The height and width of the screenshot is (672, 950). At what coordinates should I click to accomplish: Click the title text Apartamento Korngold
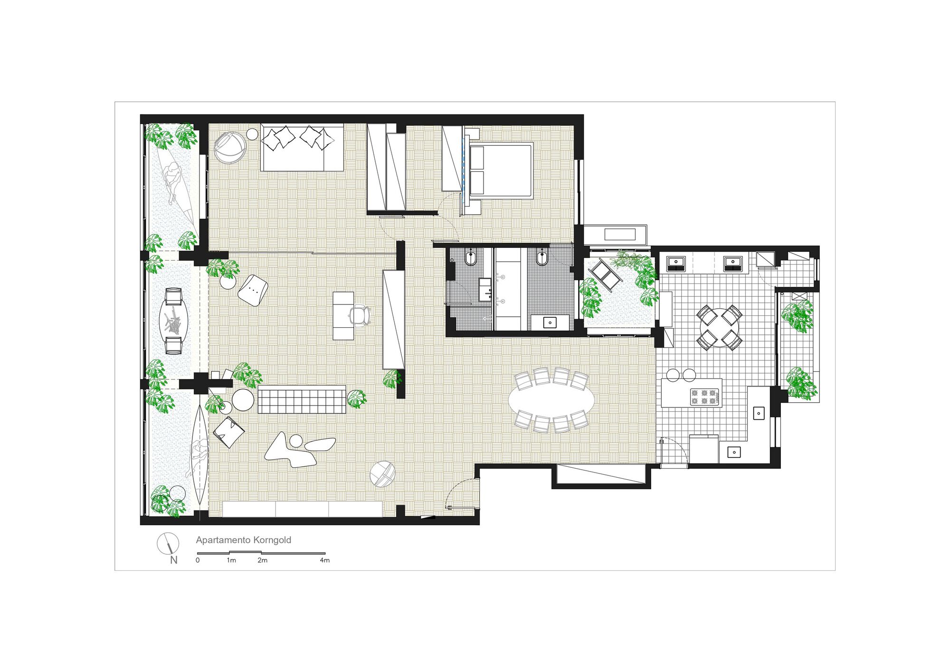(x=243, y=540)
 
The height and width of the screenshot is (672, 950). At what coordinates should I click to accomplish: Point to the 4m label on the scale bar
(x=324, y=560)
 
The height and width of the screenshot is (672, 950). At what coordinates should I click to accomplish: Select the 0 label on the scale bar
(x=198, y=560)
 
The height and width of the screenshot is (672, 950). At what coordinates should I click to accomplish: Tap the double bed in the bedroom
(x=500, y=169)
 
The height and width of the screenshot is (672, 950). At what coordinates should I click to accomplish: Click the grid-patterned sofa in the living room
(x=302, y=399)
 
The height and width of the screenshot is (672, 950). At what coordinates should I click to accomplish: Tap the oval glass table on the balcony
(x=173, y=321)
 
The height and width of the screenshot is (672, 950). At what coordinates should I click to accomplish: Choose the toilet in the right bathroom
(x=541, y=258)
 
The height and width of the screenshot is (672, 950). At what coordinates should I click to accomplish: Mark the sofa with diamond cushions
(x=302, y=148)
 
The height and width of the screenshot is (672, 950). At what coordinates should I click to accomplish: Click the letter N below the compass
(x=174, y=560)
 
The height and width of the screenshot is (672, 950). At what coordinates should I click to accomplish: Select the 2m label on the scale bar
(x=262, y=560)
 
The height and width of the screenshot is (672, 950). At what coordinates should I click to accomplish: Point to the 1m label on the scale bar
(x=231, y=560)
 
